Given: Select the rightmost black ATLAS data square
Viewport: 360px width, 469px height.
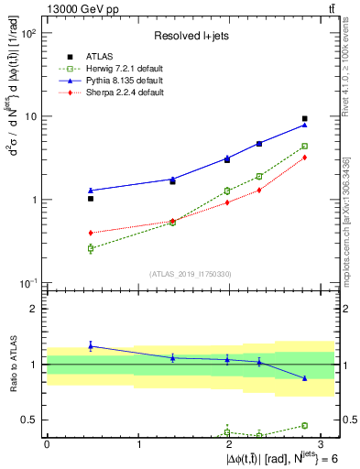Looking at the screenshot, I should point(305,118).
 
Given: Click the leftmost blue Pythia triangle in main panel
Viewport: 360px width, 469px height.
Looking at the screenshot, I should point(91,190).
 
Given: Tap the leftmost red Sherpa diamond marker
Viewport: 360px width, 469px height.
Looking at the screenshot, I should point(91,233).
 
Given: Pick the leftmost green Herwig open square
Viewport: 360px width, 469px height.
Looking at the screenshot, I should point(91,248).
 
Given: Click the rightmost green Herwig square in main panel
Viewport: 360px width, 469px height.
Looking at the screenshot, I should point(305,146).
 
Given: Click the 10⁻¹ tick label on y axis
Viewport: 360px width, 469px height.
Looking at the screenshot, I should point(27,283).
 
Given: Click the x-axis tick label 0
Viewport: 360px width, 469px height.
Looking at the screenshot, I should point(47,443).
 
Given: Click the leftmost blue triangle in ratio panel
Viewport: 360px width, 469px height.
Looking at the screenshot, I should point(91,345).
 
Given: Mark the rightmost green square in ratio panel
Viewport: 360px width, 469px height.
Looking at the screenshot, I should point(305,425).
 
